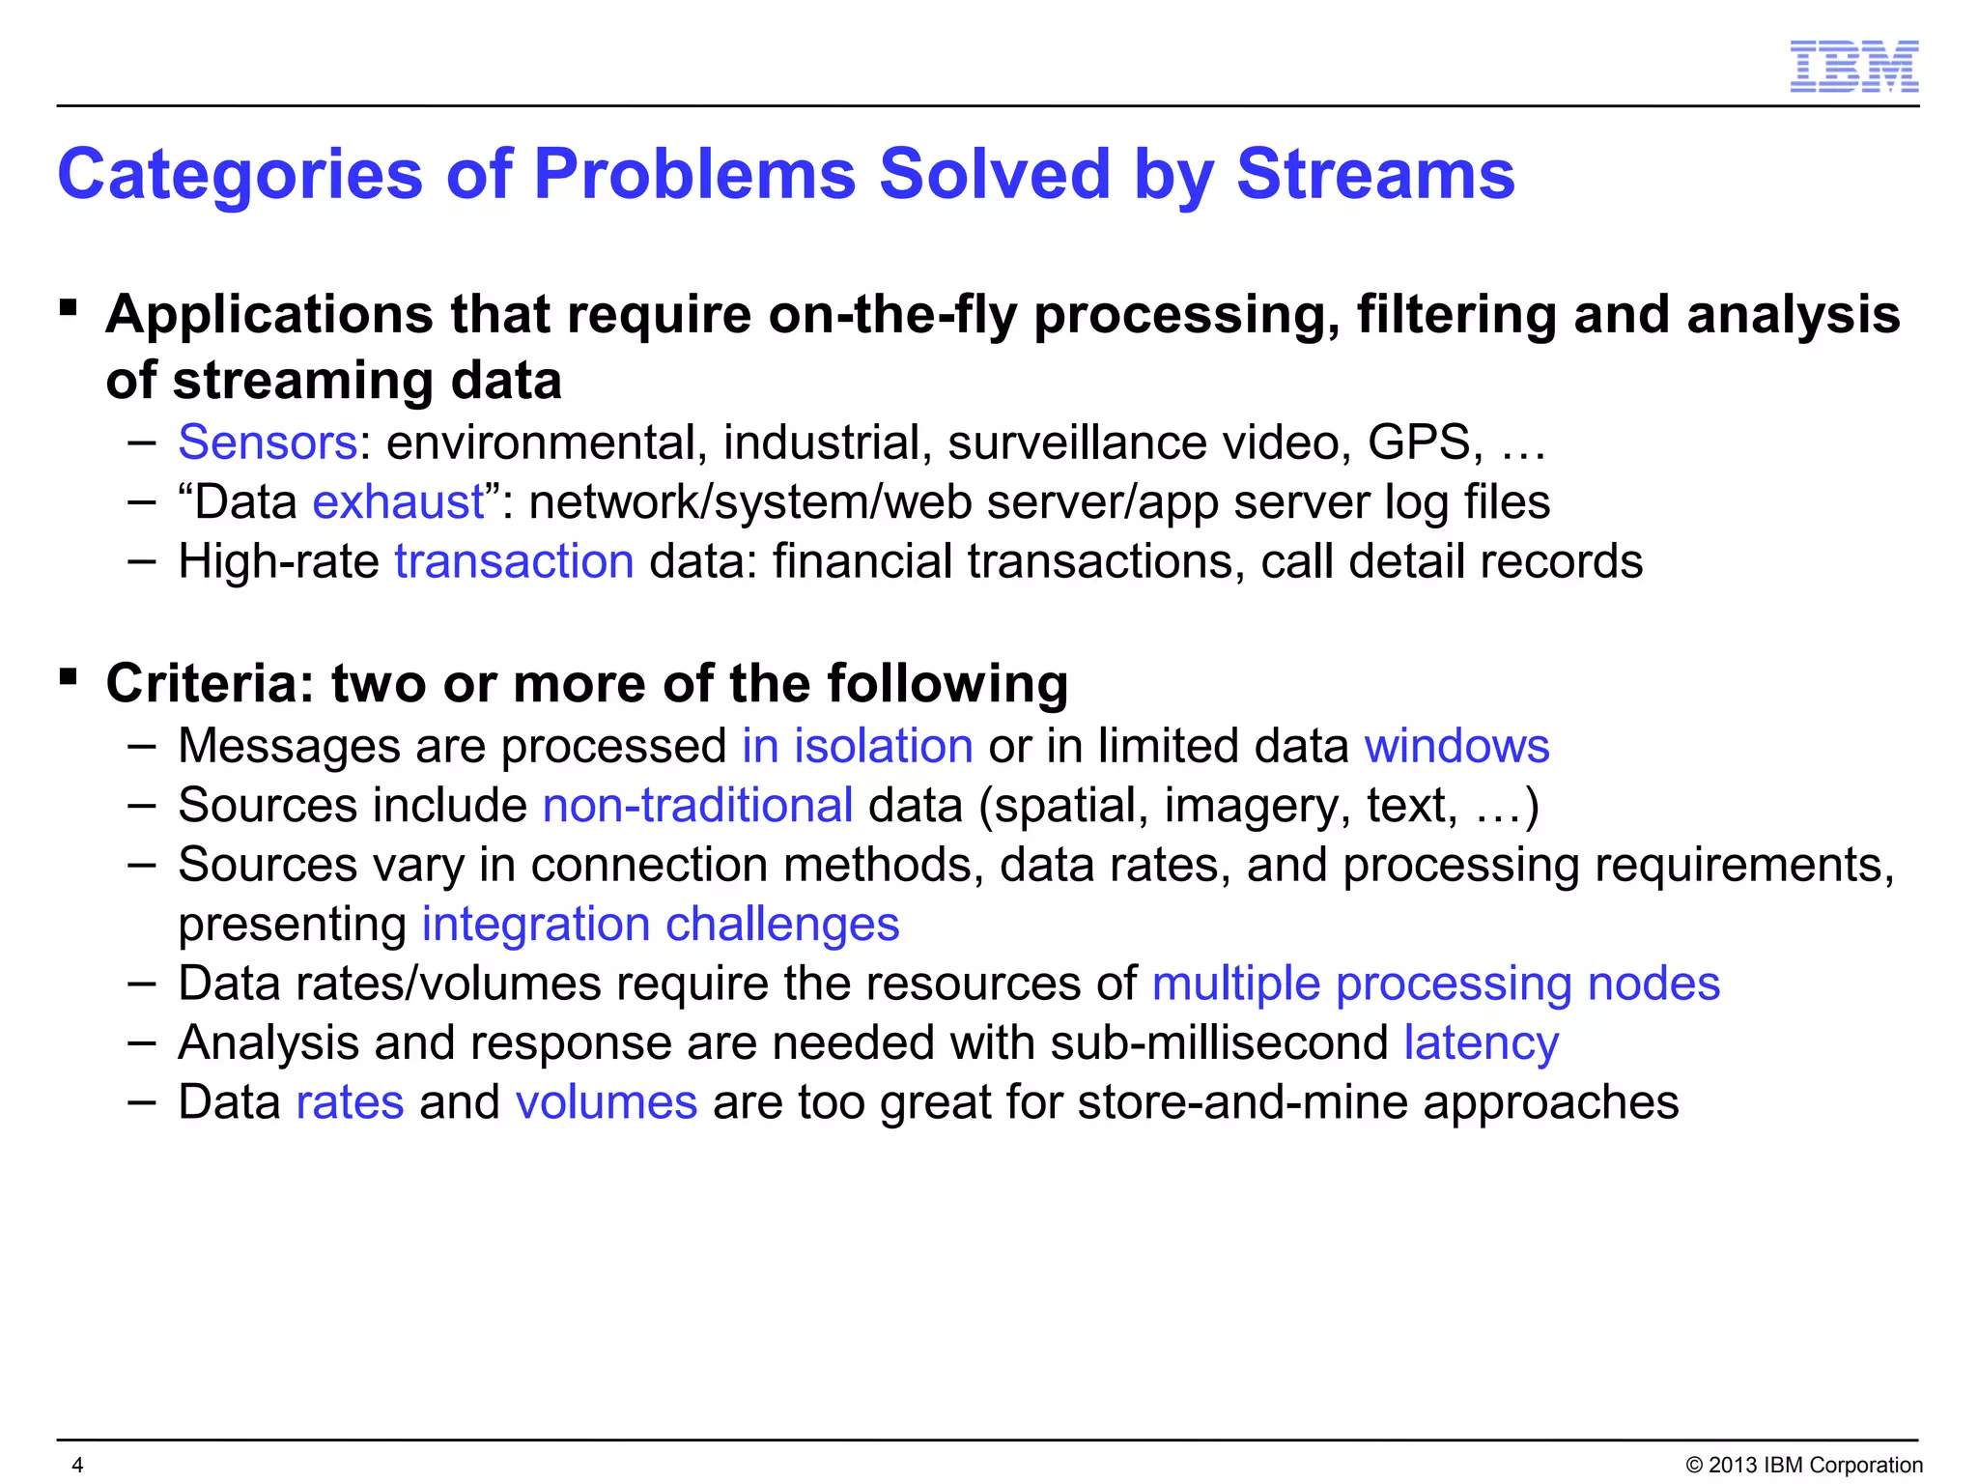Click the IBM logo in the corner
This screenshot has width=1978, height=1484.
[x=1853, y=67]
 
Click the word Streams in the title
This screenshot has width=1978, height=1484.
[x=1375, y=175]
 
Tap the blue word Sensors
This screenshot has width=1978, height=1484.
[x=268, y=442]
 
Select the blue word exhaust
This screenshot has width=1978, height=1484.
[x=398, y=502]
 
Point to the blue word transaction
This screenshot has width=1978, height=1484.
[x=514, y=562]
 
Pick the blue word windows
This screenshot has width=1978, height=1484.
[x=1456, y=747]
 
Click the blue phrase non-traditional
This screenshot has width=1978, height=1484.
[x=697, y=806]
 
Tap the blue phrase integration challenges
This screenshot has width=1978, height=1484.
[x=661, y=925]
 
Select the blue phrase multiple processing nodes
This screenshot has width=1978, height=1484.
[x=1435, y=984]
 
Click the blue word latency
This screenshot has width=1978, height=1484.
[x=1481, y=1043]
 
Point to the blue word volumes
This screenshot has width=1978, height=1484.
[x=606, y=1102]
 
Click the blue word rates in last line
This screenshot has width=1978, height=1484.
[x=350, y=1102]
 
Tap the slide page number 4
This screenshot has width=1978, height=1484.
[x=78, y=1465]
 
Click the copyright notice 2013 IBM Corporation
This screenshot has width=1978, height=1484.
[x=1803, y=1465]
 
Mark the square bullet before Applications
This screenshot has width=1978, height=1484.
[x=68, y=308]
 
